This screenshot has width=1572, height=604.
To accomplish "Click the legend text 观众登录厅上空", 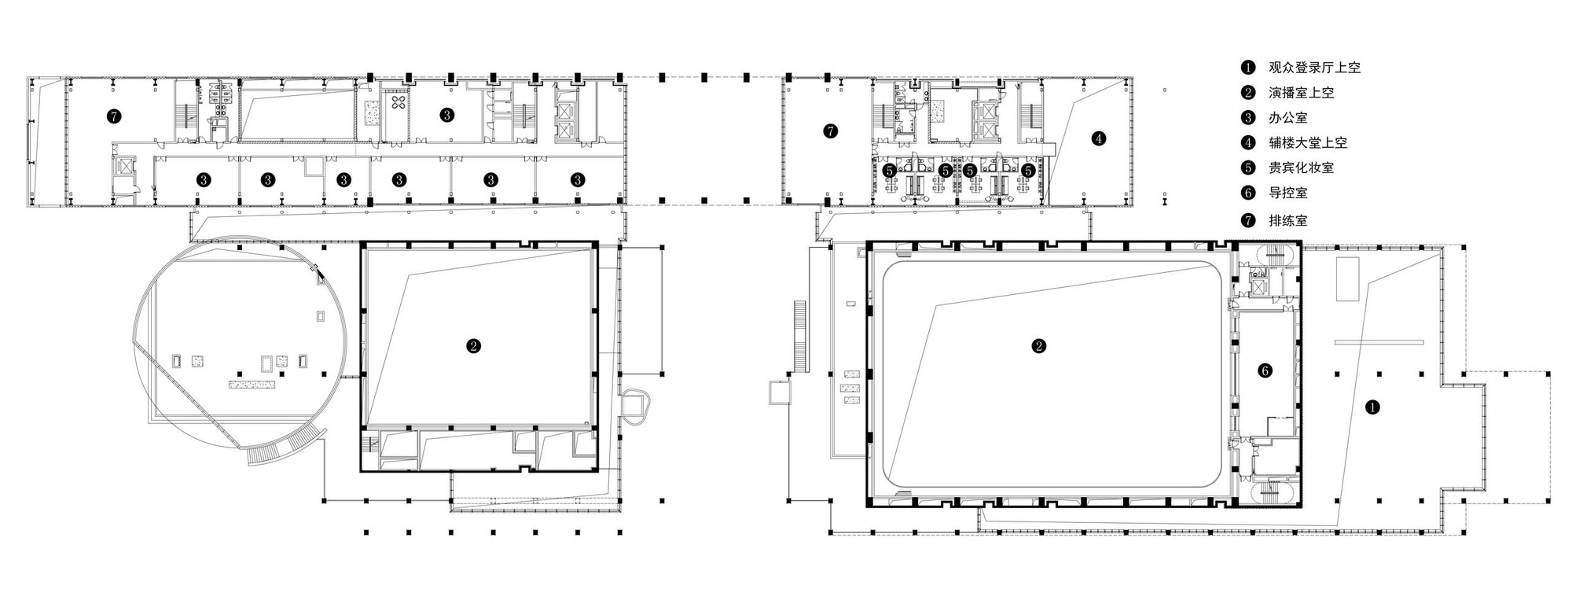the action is point(1314,68).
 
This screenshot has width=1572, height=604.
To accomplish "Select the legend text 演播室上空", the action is point(1301,93).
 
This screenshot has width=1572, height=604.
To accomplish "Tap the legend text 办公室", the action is point(1288,118).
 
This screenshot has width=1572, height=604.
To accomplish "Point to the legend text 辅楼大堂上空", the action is point(1308,143).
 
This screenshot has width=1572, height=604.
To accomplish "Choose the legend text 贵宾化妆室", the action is point(1301,168).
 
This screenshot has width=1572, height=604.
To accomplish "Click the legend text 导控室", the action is point(1288,193).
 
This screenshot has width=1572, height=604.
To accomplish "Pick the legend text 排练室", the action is point(1288,221).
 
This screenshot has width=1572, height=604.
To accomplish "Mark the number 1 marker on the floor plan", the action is point(1372,407).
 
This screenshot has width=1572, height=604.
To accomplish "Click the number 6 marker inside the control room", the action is point(1265,371).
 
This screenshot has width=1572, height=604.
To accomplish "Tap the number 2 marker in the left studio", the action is point(473,345).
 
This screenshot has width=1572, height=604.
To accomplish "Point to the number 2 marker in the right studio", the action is point(1039,345).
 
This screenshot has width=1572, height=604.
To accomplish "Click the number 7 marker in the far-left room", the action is point(114,117).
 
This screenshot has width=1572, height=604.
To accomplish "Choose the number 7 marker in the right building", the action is point(831,131).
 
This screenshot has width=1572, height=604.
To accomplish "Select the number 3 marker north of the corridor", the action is point(446,115).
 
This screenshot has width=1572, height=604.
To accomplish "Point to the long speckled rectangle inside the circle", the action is point(252,385).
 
